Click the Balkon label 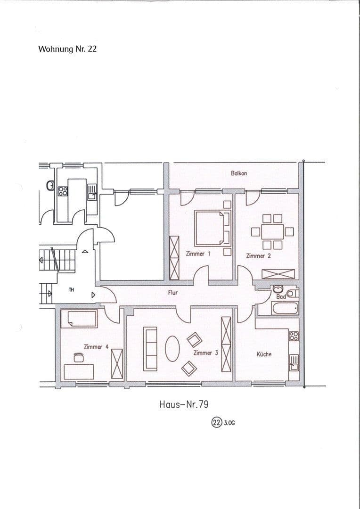pyautogui.click(x=239, y=173)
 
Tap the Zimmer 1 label pyautogui.click(x=198, y=254)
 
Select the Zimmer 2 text pyautogui.click(x=258, y=256)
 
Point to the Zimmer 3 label pyautogui.click(x=205, y=353)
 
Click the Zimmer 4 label pyautogui.click(x=96, y=347)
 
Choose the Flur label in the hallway pyautogui.click(x=173, y=293)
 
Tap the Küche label pyautogui.click(x=264, y=354)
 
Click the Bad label pyautogui.click(x=281, y=297)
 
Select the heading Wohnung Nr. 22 pyautogui.click(x=67, y=49)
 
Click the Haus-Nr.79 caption pyautogui.click(x=184, y=404)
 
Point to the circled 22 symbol pyautogui.click(x=216, y=423)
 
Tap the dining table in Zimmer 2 pyautogui.click(x=272, y=231)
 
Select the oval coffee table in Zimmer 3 pyautogui.click(x=172, y=348)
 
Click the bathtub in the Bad pyautogui.click(x=278, y=309)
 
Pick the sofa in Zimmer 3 pyautogui.click(x=151, y=348)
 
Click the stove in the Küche pyautogui.click(x=294, y=336)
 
